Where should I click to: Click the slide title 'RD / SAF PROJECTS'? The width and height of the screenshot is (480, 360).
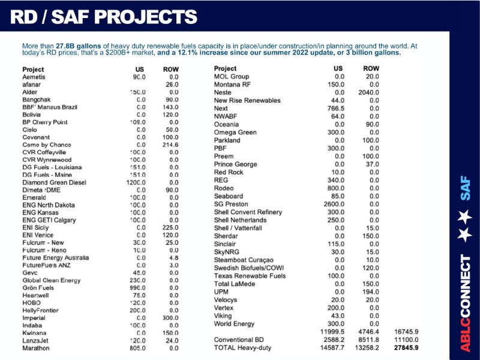tap(104, 16)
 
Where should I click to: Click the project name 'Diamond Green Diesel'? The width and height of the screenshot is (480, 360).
tap(54, 182)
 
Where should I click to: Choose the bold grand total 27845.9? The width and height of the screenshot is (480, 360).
tap(406, 347)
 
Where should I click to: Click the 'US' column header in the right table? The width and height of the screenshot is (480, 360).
tap(338, 68)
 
